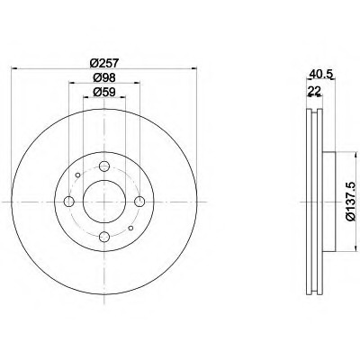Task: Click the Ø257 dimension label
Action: [x=104, y=63]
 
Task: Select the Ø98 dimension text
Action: [x=104, y=77]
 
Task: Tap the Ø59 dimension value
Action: [x=104, y=92]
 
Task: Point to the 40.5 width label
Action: [x=321, y=75]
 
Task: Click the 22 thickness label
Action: [x=314, y=90]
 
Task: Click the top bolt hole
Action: [x=104, y=166]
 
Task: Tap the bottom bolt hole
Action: [x=104, y=237]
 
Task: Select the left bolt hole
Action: [x=69, y=202]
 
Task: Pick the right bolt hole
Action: [x=139, y=202]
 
